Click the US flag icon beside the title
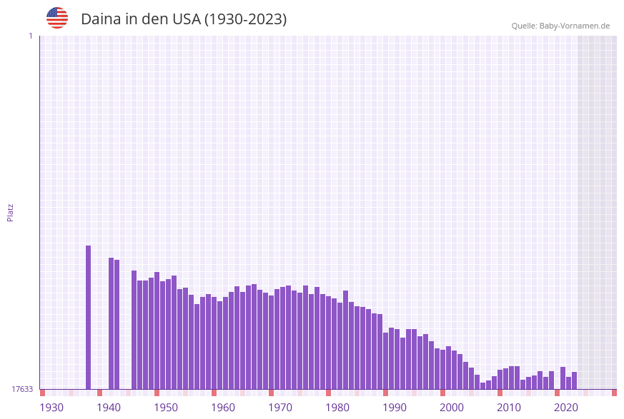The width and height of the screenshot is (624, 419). tap(57, 18)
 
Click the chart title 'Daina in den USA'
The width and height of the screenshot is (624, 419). tap(184, 19)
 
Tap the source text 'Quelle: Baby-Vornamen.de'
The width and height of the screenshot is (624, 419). tap(560, 26)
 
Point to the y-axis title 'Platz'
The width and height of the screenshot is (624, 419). tap(11, 212)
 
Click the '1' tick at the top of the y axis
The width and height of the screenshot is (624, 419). tap(30, 36)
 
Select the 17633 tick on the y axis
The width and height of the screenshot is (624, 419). tap(22, 389)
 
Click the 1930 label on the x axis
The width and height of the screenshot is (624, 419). tap(51, 408)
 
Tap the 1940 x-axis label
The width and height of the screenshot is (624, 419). tap(109, 408)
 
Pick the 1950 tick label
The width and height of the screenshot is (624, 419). tap(166, 408)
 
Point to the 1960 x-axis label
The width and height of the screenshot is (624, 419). tap(223, 408)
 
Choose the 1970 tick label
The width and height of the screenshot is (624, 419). tap(280, 408)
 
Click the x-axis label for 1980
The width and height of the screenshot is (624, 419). tap(337, 408)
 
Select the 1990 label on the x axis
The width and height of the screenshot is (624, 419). tap(395, 408)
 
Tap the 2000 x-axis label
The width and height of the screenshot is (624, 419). tap(452, 408)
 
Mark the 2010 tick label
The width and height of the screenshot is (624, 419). tap(509, 408)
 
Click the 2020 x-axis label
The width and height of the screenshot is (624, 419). tap(566, 408)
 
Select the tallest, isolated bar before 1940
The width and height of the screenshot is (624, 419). tap(89, 317)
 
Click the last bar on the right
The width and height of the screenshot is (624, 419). tap(574, 380)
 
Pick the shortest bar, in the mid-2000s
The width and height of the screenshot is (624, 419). tap(482, 385)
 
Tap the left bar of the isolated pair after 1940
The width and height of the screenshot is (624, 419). tap(112, 323)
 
